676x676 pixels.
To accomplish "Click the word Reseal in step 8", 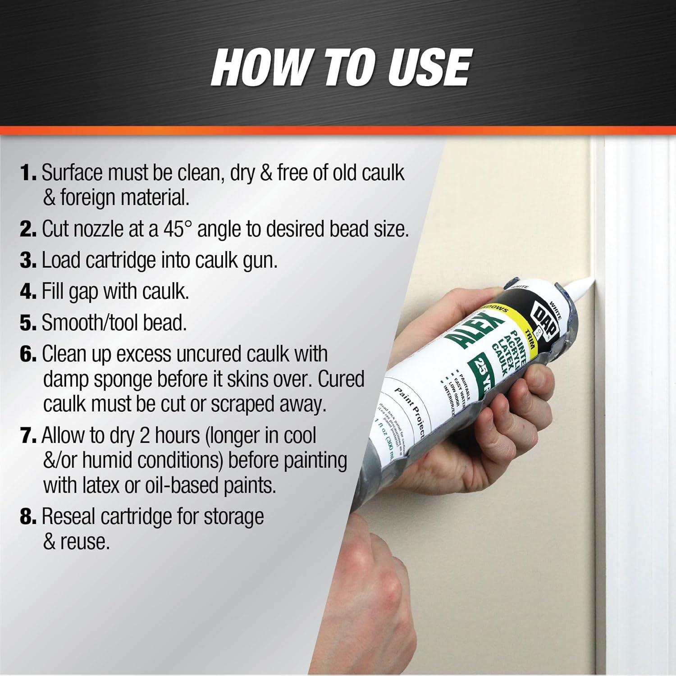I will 69,517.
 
